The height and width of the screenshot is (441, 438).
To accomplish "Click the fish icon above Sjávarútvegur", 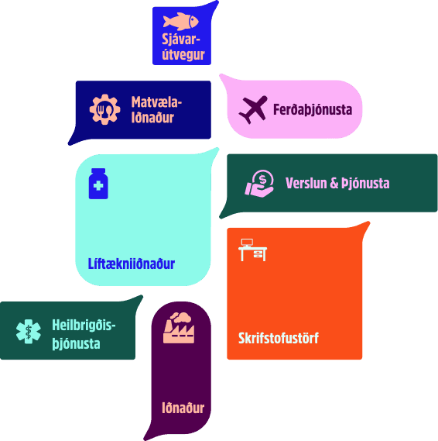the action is pos(181,22).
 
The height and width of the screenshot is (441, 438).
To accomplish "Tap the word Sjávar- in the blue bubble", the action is pos(181,40).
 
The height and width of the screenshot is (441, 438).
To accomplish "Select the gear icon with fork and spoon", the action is pos(104,109).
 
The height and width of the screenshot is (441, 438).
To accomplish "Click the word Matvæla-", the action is pos(156,102).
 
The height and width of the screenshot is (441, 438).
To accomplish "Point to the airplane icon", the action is pos(253,109).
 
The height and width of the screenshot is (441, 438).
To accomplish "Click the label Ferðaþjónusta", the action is pos(313,110).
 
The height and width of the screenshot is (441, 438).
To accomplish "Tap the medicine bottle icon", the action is pos(98,184).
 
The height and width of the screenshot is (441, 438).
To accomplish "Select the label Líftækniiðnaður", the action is pos(132,264).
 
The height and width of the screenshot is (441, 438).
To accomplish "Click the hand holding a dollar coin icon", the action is pos(259,184).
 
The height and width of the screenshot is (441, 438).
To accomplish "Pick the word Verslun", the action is pos(306,183).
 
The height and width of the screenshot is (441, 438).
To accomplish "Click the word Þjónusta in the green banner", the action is pos(365,184).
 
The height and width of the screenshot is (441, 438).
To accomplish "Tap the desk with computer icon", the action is pos(253,250).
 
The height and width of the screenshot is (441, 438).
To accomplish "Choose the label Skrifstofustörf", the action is pos(279,338).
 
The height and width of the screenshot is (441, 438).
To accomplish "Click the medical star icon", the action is pos(29,332).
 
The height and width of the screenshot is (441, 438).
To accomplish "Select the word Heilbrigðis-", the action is pos(84,326).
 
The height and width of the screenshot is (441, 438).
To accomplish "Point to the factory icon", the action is pos(179,328).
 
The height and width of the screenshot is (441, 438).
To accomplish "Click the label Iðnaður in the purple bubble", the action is pos(183,408).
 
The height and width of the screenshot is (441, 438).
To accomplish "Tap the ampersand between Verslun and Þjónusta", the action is pos(334,183).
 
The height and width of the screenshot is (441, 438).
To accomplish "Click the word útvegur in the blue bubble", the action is pos(183,54).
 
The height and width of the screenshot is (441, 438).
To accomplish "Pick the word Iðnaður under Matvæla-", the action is pos(152,118).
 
